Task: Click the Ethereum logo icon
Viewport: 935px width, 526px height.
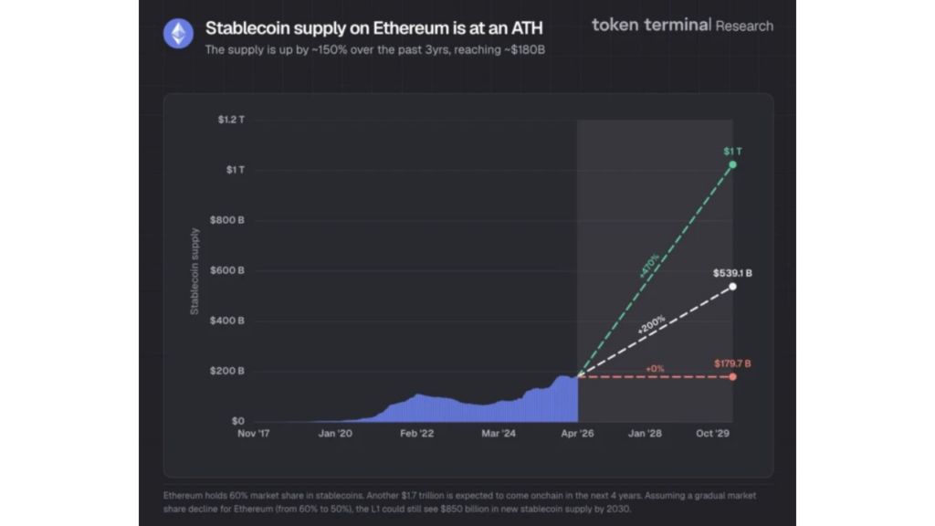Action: point(178,34)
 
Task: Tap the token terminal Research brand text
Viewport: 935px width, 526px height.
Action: point(681,26)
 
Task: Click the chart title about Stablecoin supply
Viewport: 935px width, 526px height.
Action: point(373,28)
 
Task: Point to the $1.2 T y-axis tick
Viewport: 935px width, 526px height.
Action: point(230,120)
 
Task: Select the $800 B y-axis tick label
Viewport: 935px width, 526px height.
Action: point(229,220)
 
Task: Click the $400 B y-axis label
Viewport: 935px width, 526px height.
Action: point(229,321)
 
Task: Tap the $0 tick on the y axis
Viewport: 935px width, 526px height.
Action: point(236,421)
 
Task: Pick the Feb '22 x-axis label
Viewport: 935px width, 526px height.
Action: point(416,434)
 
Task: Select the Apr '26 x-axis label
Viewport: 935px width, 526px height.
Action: point(576,434)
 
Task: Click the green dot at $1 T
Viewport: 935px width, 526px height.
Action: point(732,164)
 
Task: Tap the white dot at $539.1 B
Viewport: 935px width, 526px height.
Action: point(732,287)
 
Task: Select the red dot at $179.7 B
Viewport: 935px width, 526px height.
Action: point(732,376)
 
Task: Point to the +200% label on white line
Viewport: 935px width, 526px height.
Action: point(651,324)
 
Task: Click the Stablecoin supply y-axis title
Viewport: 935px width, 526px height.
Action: point(194,271)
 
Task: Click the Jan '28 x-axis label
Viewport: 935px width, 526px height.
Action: point(645,434)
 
